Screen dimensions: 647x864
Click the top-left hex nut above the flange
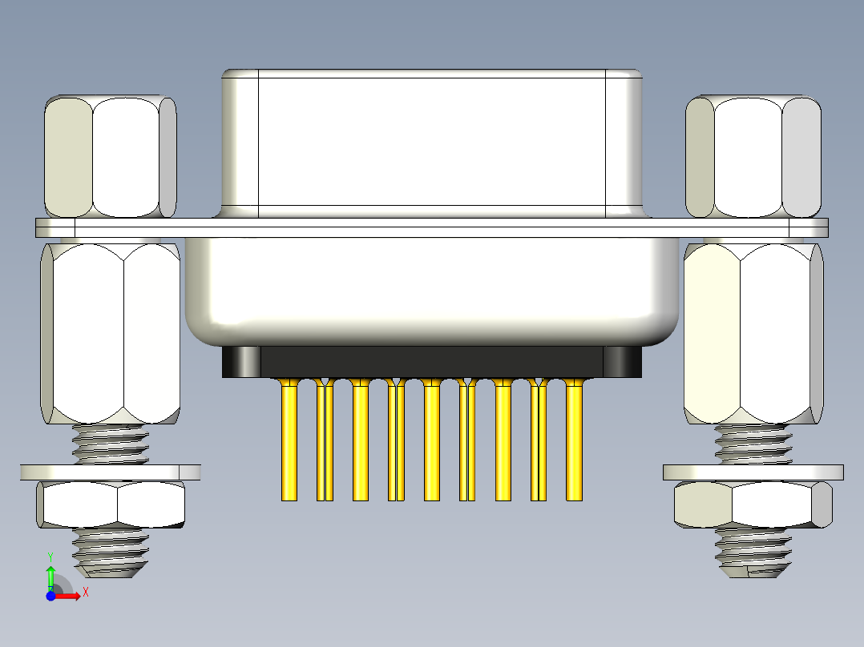click(111, 157)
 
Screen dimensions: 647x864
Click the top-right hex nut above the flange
click(753, 157)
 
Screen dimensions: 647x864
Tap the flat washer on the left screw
click(111, 472)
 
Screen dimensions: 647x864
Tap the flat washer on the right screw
click(753, 472)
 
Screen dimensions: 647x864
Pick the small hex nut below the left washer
click(111, 505)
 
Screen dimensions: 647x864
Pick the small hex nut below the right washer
click(753, 505)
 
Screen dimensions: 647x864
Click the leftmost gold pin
click(289, 440)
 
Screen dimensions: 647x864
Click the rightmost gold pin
click(575, 440)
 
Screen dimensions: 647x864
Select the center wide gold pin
click(432, 440)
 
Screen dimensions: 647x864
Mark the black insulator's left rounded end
click(240, 361)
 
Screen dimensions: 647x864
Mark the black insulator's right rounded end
click(624, 361)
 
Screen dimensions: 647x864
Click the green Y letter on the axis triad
click(50, 556)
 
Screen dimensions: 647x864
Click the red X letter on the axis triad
click(85, 593)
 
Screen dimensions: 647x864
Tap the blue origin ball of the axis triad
click(50, 596)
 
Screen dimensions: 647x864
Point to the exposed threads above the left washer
click(111, 444)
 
